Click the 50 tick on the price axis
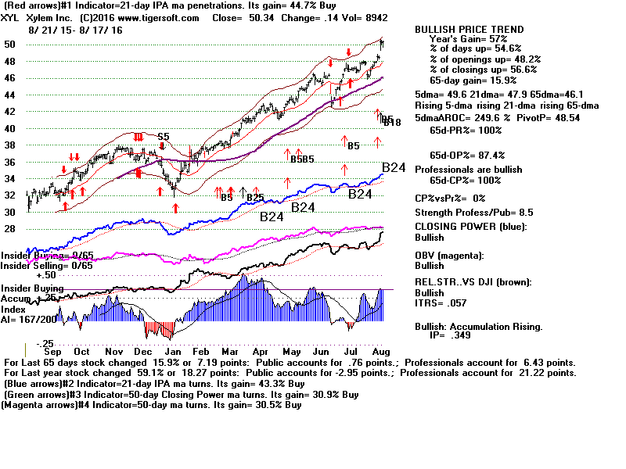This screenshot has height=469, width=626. point(11,45)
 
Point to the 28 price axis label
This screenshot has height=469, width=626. point(11,228)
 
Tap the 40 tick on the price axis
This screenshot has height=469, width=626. point(11,128)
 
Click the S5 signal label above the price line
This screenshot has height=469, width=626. point(163,137)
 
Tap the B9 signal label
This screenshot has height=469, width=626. point(226,198)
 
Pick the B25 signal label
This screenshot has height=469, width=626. point(255,198)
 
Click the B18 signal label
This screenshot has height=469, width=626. point(391,123)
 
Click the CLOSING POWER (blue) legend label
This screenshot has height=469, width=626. point(470,227)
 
